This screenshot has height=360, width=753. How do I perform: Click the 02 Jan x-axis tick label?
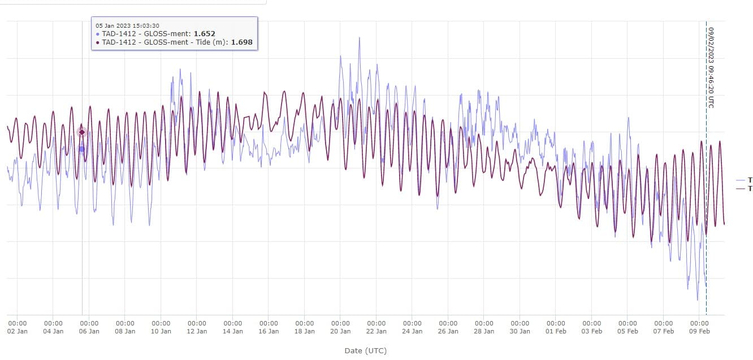coord(17,331)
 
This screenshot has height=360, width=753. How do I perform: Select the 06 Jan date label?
coord(89,331)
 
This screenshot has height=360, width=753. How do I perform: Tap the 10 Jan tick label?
coord(161,331)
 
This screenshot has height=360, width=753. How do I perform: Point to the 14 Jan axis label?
coord(233,331)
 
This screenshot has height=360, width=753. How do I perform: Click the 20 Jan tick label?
coord(340,331)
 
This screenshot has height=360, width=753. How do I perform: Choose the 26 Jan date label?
coord(448,331)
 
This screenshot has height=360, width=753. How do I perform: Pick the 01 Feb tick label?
coord(556,331)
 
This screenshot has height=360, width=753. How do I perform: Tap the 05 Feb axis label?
coord(628,331)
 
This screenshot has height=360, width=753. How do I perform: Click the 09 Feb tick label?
coord(700,331)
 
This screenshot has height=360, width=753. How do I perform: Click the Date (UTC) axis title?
coord(365,351)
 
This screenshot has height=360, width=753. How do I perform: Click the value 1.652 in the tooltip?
coord(204,34)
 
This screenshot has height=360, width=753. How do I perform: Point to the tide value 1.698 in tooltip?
coord(241,42)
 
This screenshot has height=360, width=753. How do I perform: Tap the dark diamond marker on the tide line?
coord(82,132)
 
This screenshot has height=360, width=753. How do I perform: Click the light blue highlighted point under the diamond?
coord(82,149)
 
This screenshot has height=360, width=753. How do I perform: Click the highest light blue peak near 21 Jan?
coord(359,38)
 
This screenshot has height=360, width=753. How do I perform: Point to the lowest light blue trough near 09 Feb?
coord(698,300)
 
